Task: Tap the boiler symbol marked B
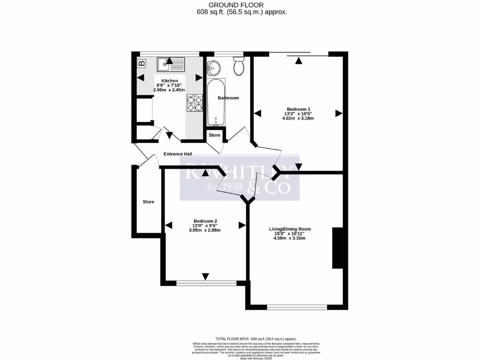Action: (x=141, y=63)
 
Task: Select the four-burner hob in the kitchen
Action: (x=195, y=103)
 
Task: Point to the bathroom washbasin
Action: (x=214, y=67)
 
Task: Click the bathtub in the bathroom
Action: (x=216, y=103)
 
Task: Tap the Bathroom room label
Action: (x=228, y=98)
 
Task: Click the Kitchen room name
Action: (x=169, y=81)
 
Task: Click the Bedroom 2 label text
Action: (x=205, y=221)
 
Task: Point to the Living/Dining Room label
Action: (x=290, y=229)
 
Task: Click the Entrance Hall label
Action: (x=178, y=154)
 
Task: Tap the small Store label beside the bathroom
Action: (x=215, y=135)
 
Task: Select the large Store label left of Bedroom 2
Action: (x=149, y=202)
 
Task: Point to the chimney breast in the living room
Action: (x=337, y=248)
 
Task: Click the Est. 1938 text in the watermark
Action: (x=225, y=187)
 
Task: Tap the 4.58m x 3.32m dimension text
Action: (x=290, y=238)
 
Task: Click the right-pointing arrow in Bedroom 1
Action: (x=338, y=113)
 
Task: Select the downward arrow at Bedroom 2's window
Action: (x=205, y=277)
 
